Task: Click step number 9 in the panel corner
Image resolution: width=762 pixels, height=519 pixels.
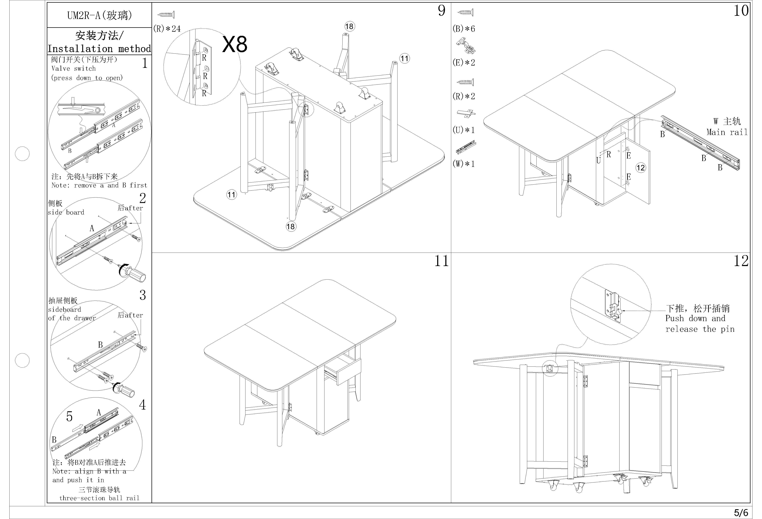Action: point(442,11)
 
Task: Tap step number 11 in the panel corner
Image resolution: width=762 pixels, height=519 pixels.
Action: point(441,261)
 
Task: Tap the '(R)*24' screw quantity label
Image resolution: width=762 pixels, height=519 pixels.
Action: point(167,29)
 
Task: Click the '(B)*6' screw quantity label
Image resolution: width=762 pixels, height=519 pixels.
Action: point(464,29)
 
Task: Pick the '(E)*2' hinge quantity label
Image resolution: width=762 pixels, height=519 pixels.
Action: point(464,63)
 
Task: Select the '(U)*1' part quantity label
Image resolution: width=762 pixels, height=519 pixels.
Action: point(464,130)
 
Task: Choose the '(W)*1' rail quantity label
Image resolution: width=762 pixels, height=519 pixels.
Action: point(464,164)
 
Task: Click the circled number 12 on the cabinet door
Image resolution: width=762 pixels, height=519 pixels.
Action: point(640,168)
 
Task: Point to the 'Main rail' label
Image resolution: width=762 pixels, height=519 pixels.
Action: point(727,132)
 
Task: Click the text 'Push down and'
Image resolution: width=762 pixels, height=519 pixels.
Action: point(695,318)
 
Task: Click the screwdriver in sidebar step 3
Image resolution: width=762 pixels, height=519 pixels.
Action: point(125,390)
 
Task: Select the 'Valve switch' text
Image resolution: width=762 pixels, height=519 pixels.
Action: point(73,69)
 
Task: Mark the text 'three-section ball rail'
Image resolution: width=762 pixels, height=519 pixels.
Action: point(99,498)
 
